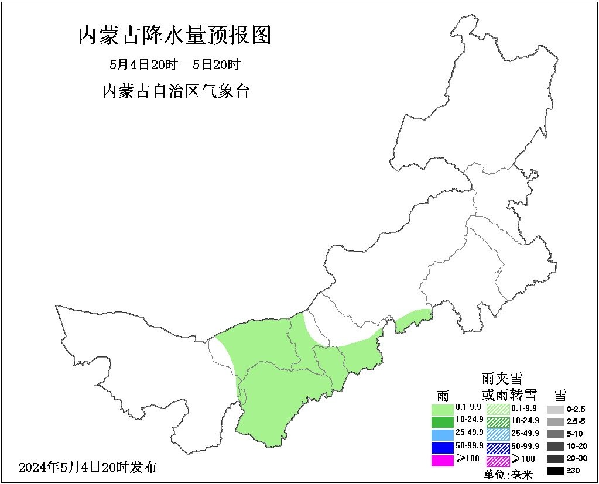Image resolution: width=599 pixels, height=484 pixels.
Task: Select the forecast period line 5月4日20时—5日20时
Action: click(175, 64)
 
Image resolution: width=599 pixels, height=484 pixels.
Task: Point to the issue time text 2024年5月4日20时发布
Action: click(88, 468)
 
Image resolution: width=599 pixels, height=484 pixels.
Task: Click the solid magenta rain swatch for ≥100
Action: click(442, 460)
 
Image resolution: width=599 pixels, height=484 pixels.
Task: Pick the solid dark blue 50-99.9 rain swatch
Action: click(442, 447)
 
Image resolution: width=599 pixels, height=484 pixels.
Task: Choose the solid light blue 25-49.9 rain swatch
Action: click(442, 434)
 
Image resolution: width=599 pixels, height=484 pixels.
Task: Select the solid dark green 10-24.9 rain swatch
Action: click(442, 421)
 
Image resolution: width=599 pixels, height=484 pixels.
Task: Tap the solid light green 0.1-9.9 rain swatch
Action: click(442, 408)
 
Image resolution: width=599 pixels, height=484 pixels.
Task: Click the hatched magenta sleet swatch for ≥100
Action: click(498, 460)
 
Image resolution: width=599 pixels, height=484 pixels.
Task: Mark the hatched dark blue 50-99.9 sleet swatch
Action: click(498, 447)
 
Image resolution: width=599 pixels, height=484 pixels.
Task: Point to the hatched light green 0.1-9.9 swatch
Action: click(498, 408)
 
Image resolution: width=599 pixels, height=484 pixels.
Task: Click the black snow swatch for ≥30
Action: click(555, 471)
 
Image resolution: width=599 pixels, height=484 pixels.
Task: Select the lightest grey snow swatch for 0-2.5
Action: click(555, 409)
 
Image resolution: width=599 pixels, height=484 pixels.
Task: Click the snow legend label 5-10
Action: click(575, 434)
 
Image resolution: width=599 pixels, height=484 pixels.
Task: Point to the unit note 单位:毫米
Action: click(509, 475)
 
